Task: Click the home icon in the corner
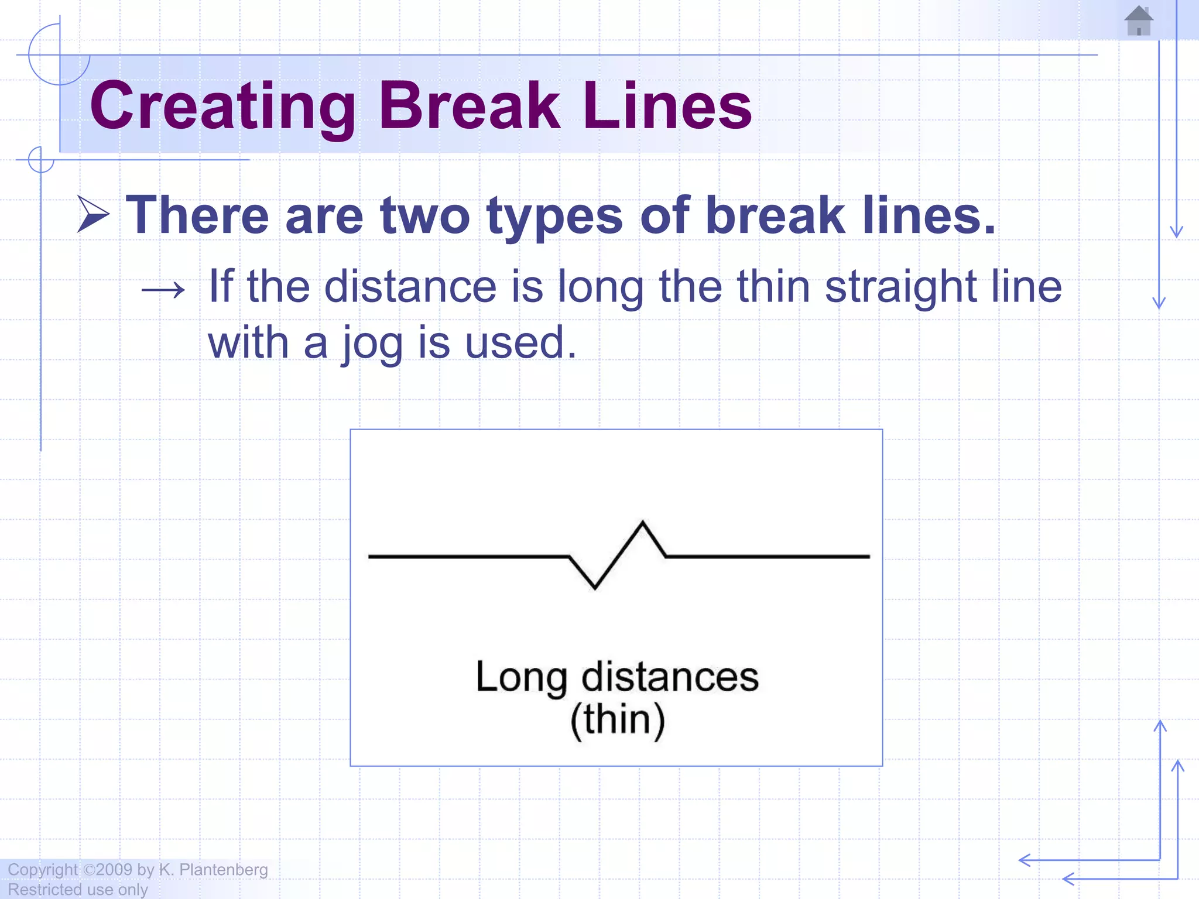tap(1139, 21)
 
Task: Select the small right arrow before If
tap(163, 289)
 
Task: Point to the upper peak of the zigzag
tap(643, 523)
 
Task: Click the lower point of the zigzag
tap(595, 587)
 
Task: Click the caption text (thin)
tap(618, 719)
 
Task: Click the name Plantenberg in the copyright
tap(223, 870)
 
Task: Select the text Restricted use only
tap(78, 890)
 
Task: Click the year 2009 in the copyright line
tap(114, 870)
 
